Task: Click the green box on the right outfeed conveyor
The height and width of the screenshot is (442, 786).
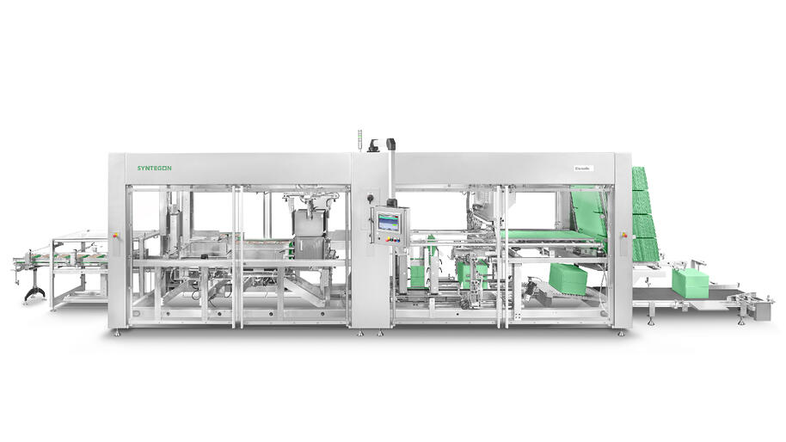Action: (x=690, y=283)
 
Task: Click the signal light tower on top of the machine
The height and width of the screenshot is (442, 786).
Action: (x=359, y=140)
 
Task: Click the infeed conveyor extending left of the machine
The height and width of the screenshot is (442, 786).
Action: (x=60, y=259)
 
